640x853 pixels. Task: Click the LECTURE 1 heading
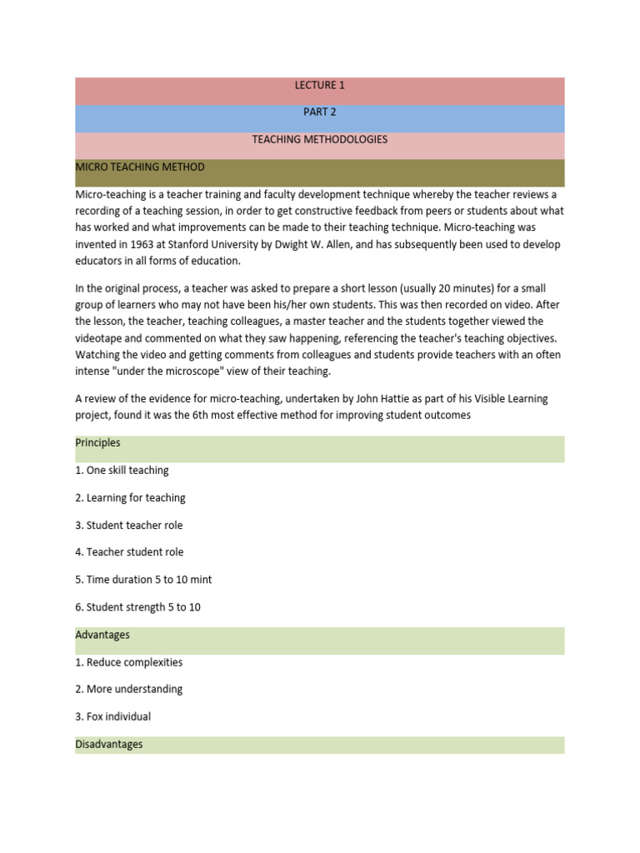[x=319, y=85]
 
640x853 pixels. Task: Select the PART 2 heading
[x=319, y=112]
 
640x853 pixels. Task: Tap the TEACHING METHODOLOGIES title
[x=319, y=140]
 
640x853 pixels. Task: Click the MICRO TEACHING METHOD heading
[x=140, y=167]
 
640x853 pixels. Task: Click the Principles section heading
[x=97, y=442]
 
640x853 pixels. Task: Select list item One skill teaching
[x=122, y=470]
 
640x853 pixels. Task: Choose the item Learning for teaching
[x=130, y=497]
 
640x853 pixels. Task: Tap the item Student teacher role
[x=128, y=525]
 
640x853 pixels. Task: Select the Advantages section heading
[x=102, y=635]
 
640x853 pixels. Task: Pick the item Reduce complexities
[x=128, y=662]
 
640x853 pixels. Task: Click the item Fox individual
[x=113, y=716]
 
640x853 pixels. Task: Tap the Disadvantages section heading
[x=109, y=744]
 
